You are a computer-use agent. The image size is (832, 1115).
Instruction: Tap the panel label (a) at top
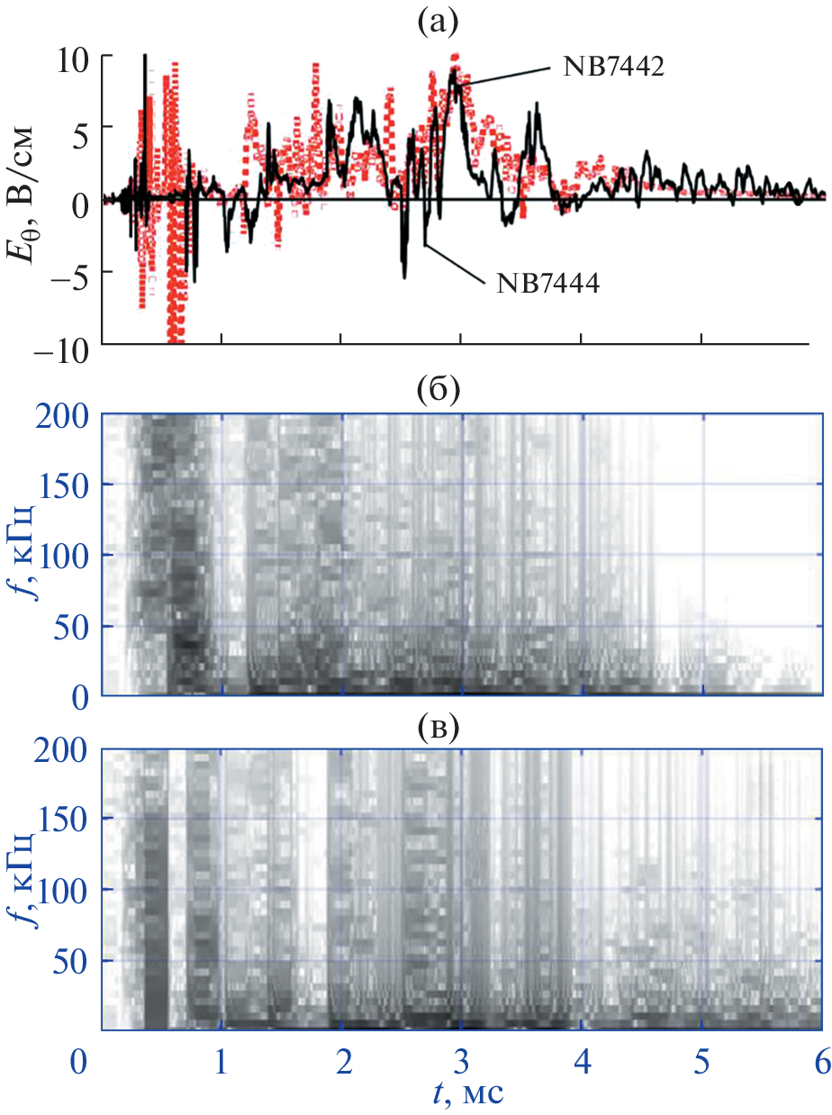click(x=443, y=20)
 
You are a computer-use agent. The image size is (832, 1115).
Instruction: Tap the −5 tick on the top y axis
click(x=69, y=272)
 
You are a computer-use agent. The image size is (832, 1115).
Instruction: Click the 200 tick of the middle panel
click(x=63, y=415)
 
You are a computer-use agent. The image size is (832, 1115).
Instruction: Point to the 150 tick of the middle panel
click(x=63, y=485)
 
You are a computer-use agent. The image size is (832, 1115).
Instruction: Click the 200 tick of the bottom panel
click(x=63, y=750)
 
